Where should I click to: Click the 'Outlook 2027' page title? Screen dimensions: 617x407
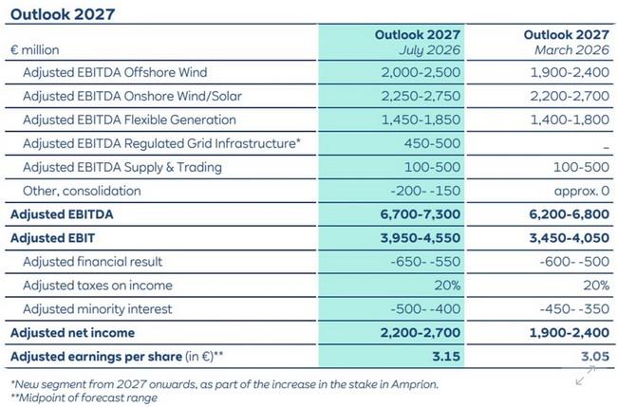(63, 14)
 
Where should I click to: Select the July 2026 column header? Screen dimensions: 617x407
(418, 42)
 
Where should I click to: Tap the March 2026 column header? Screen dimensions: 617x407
(567, 42)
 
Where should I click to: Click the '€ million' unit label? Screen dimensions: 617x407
(35, 50)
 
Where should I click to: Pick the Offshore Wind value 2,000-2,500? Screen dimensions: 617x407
(421, 72)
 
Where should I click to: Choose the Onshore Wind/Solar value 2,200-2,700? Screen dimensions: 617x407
(570, 96)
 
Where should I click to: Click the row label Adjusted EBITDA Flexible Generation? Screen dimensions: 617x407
(129, 120)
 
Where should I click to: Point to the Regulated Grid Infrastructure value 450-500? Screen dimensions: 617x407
(432, 143)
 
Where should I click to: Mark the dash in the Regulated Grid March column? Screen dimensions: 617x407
(606, 147)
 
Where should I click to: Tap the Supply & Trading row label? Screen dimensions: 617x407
(122, 167)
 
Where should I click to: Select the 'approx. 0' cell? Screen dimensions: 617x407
(582, 191)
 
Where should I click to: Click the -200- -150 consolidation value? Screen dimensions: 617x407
(425, 191)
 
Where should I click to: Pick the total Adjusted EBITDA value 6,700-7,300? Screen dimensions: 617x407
(421, 214)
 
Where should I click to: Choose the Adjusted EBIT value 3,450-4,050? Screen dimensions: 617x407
(570, 238)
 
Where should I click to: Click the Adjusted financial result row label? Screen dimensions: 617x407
(92, 262)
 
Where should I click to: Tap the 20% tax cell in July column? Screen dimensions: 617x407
(447, 286)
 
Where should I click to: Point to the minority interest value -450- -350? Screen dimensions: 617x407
(574, 308)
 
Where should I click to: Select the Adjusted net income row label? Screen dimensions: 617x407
(73, 333)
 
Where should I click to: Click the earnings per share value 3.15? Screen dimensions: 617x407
(446, 357)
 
